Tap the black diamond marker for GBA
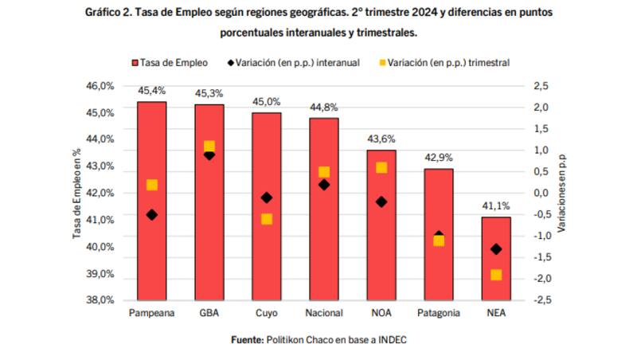[209, 155]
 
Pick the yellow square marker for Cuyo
[267, 219]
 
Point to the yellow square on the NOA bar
[381, 167]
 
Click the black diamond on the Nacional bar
[324, 185]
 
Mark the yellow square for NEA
[496, 275]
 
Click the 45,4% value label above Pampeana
[152, 91]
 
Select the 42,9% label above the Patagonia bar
[439, 158]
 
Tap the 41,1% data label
[496, 206]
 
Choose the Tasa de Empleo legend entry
[171, 61]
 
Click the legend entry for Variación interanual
[299, 61]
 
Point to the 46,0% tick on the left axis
[102, 85]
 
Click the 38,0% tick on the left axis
[102, 300]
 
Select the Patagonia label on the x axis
[439, 313]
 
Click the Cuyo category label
[267, 313]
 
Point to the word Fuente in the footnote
[247, 339]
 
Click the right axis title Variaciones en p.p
[561, 193]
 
